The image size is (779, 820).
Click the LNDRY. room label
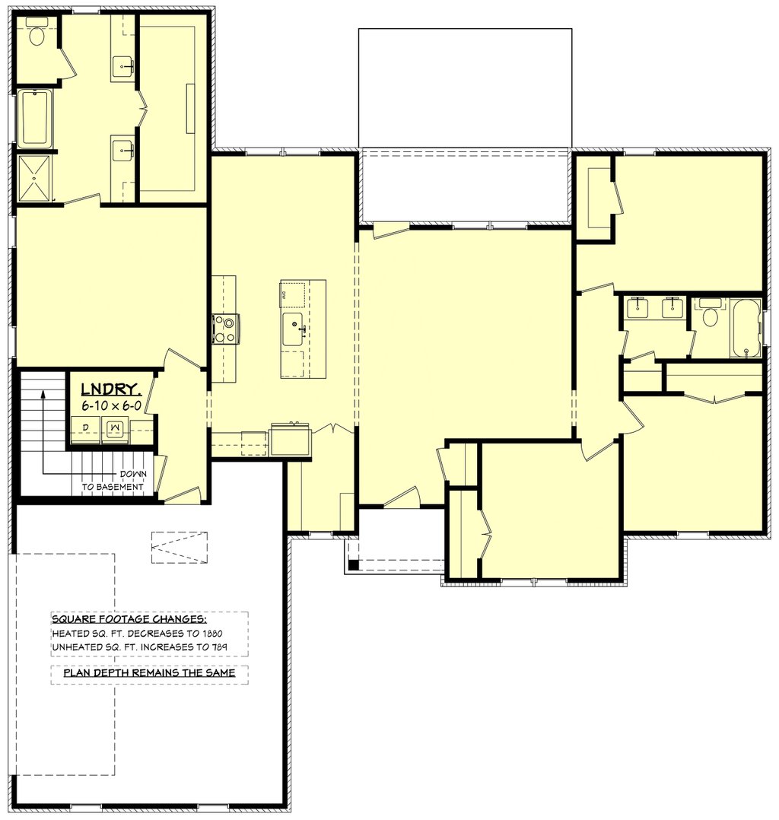111,389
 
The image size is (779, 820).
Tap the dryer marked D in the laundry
85,429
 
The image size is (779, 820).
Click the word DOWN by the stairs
133,474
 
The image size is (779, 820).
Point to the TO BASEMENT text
113,487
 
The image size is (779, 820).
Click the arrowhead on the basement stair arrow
43,394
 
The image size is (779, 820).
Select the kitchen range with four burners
225,329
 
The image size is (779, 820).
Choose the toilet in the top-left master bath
37,36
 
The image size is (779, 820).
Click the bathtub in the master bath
34,118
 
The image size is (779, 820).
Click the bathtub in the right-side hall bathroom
746,328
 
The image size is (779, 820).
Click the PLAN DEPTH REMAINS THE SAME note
149,673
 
